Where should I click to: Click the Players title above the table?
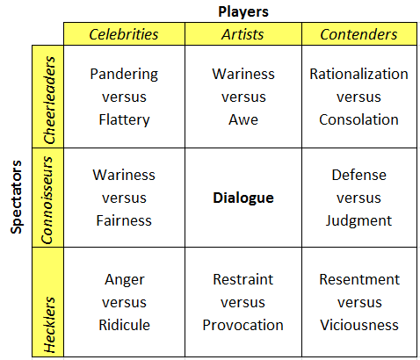pos(243,12)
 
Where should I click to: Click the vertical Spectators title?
pos(17,197)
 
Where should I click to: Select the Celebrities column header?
pos(124,34)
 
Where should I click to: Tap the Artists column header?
pos(243,34)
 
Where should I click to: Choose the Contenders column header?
pos(358,34)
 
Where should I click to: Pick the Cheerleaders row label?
pos(49,100)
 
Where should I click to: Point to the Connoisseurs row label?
pos(47,200)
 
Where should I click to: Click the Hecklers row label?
pos(49,325)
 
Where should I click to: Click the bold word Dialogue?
pos(243,198)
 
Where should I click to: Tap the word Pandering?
pos(124,75)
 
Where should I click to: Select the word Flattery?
pos(124,120)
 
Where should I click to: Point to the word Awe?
pos(243,119)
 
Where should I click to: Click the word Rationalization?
pos(358,74)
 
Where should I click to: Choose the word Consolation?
pos(358,119)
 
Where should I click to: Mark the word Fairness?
pos(124,220)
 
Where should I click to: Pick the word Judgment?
pos(358,221)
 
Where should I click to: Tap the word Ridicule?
pos(124,325)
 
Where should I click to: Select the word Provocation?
pos(243,325)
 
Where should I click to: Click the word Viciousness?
pos(359,325)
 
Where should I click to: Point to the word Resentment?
pos(359,279)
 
